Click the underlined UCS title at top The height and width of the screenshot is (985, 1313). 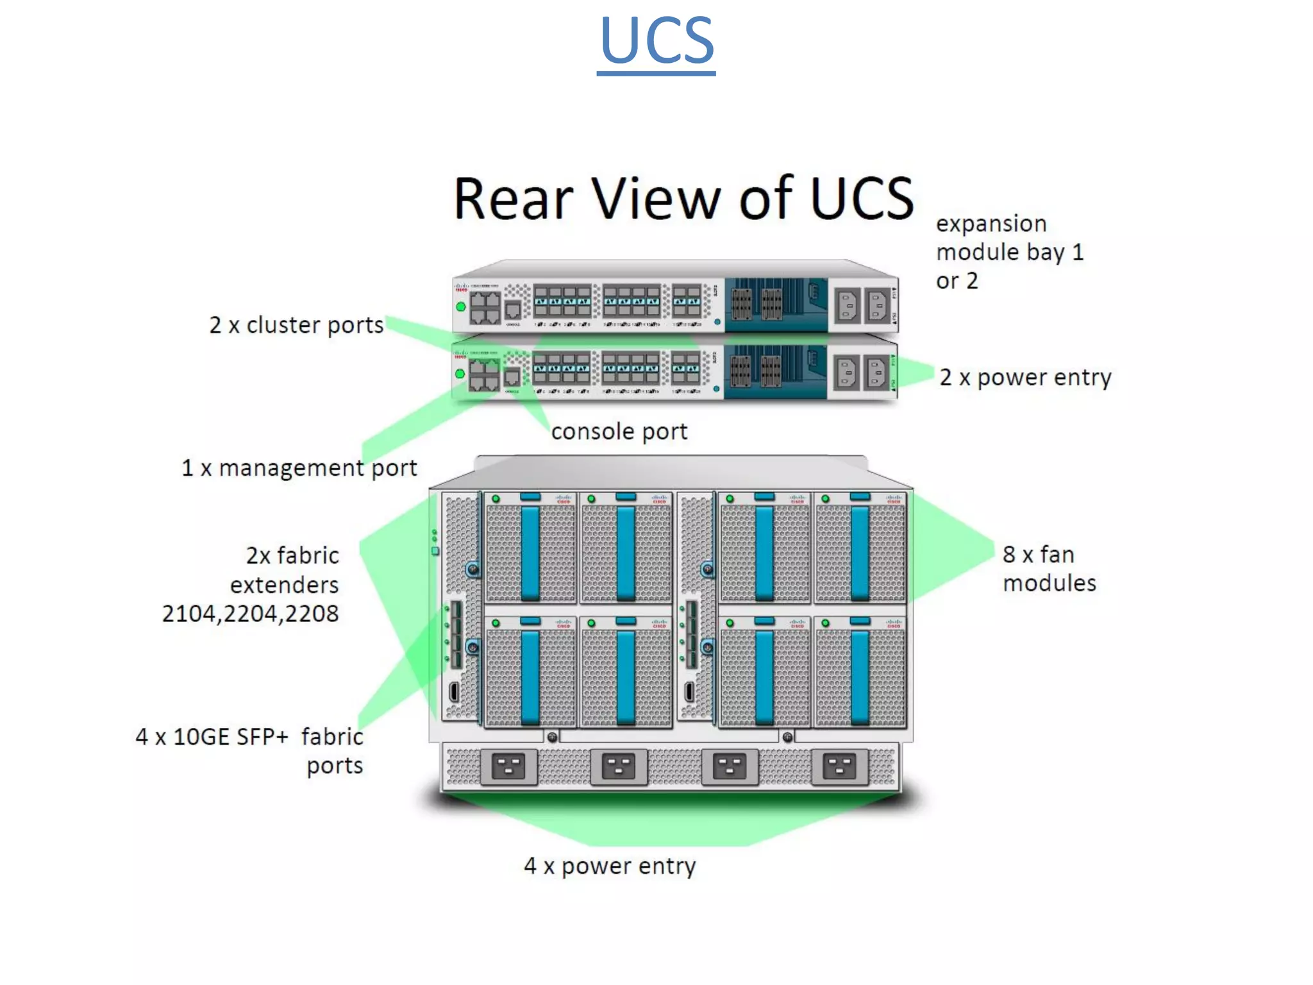(656, 41)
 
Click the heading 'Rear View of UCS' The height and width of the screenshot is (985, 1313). (683, 198)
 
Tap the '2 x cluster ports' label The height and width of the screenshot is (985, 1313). (296, 325)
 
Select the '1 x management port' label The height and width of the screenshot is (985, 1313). (299, 468)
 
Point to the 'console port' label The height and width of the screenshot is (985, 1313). (619, 432)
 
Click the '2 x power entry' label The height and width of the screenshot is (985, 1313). (1025, 377)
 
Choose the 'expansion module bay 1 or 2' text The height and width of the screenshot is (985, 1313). (1009, 252)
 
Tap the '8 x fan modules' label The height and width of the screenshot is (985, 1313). (1049, 568)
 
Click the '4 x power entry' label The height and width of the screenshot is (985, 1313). (610, 866)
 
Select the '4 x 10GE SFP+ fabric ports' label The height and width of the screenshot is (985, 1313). (250, 751)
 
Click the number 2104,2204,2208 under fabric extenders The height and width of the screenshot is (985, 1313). (250, 614)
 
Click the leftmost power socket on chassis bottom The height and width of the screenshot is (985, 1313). (508, 766)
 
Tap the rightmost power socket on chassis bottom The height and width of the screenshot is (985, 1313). (839, 766)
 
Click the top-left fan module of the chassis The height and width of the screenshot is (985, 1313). (530, 548)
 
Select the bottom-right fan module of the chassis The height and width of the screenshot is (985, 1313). (860, 673)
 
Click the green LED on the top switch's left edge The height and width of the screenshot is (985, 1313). (460, 307)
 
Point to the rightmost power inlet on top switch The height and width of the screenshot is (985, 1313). (877, 305)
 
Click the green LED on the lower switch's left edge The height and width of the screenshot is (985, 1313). (460, 373)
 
